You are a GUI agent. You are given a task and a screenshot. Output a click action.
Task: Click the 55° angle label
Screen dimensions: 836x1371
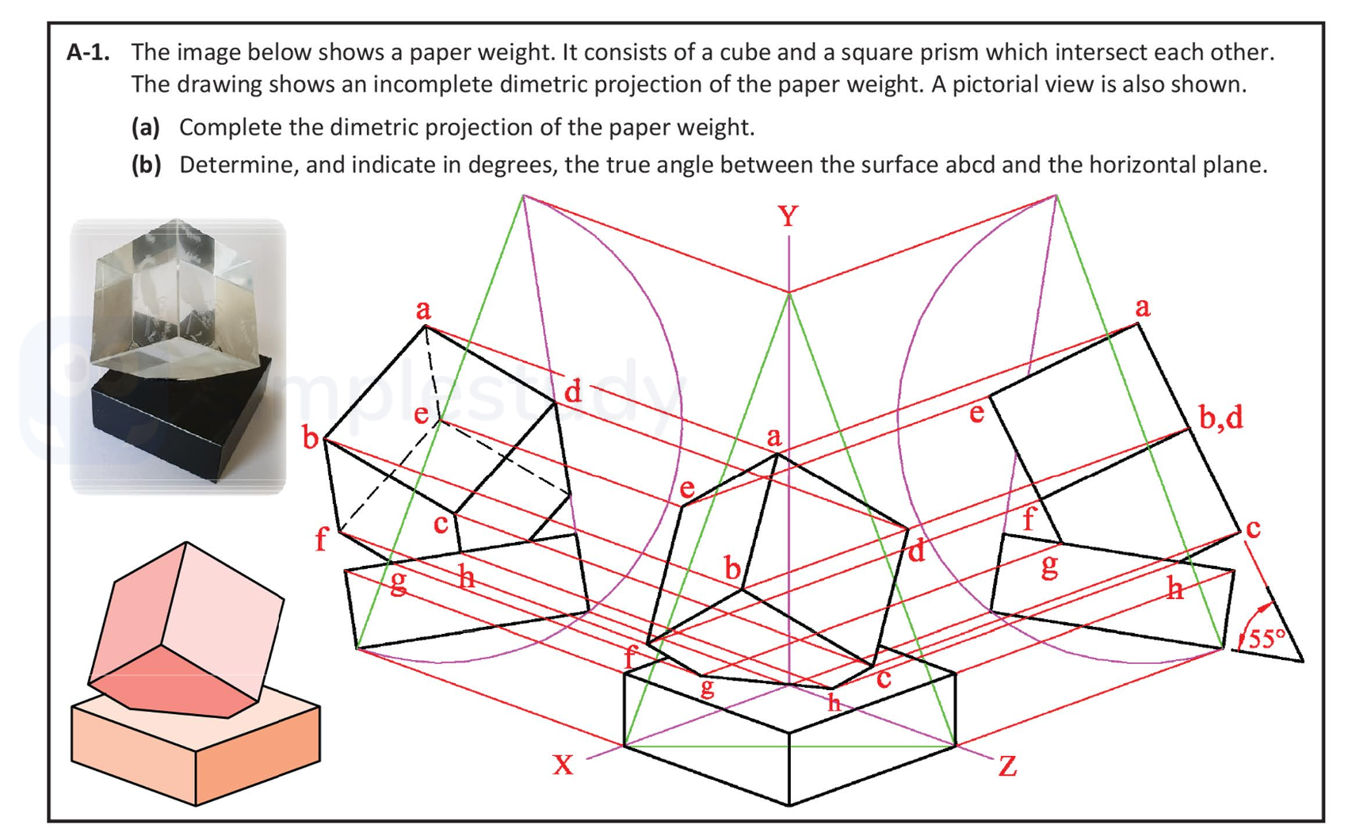click(x=1266, y=638)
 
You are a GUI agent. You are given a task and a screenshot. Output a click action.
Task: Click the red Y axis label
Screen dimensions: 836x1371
click(x=788, y=216)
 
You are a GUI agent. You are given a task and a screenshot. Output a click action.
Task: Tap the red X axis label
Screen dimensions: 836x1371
click(x=563, y=764)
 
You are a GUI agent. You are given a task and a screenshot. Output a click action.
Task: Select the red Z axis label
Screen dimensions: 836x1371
click(x=1007, y=766)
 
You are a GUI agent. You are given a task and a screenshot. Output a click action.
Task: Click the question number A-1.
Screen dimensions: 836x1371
click(x=88, y=53)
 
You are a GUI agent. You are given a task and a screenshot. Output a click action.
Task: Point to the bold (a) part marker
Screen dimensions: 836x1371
click(x=146, y=127)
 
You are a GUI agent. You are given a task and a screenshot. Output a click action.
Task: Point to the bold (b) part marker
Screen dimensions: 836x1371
click(x=146, y=165)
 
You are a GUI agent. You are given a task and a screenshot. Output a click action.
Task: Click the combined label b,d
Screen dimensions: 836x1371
click(x=1220, y=417)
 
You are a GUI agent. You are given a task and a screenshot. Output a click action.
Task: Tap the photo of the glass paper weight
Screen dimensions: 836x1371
click(x=178, y=357)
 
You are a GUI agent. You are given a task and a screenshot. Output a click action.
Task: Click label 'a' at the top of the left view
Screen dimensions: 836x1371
click(x=424, y=310)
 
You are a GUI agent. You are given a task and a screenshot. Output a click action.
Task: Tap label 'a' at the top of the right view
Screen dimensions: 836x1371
click(x=1142, y=307)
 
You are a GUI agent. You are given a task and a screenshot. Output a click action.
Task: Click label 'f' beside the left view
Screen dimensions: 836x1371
click(x=321, y=540)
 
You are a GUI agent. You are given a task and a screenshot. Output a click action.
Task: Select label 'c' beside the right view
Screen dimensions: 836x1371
click(x=1253, y=528)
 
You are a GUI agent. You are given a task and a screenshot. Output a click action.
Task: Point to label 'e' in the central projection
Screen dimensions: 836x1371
click(x=687, y=488)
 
